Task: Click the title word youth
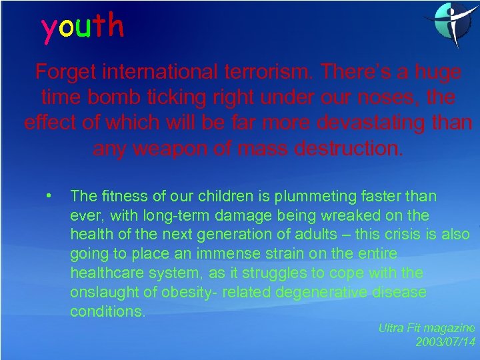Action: click(83, 27)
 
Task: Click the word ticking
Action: click(193, 97)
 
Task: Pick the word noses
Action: click(387, 97)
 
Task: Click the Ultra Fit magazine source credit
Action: click(427, 328)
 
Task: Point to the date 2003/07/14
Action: click(445, 342)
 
